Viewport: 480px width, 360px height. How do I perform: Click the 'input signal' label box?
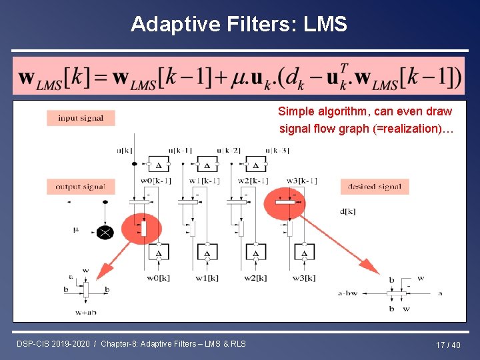click(81, 118)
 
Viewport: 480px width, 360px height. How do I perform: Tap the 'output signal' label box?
click(81, 187)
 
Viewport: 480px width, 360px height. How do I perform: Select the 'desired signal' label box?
click(375, 187)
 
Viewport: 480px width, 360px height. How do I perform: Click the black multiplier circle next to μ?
click(105, 232)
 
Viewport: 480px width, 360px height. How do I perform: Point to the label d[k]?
click(347, 211)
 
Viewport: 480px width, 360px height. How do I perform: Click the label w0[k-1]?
click(155, 181)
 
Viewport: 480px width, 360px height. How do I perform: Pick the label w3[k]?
click(304, 278)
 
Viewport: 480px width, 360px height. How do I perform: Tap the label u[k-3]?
click(276, 150)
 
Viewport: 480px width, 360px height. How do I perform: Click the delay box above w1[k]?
click(207, 253)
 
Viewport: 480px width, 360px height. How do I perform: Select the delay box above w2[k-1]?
click(255, 165)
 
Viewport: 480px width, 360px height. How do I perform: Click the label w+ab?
click(86, 311)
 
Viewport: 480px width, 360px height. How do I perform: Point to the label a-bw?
click(349, 293)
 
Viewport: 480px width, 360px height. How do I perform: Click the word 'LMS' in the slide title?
click(325, 25)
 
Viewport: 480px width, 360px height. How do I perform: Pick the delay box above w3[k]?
click(304, 253)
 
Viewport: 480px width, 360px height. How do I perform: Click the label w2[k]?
click(255, 278)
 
